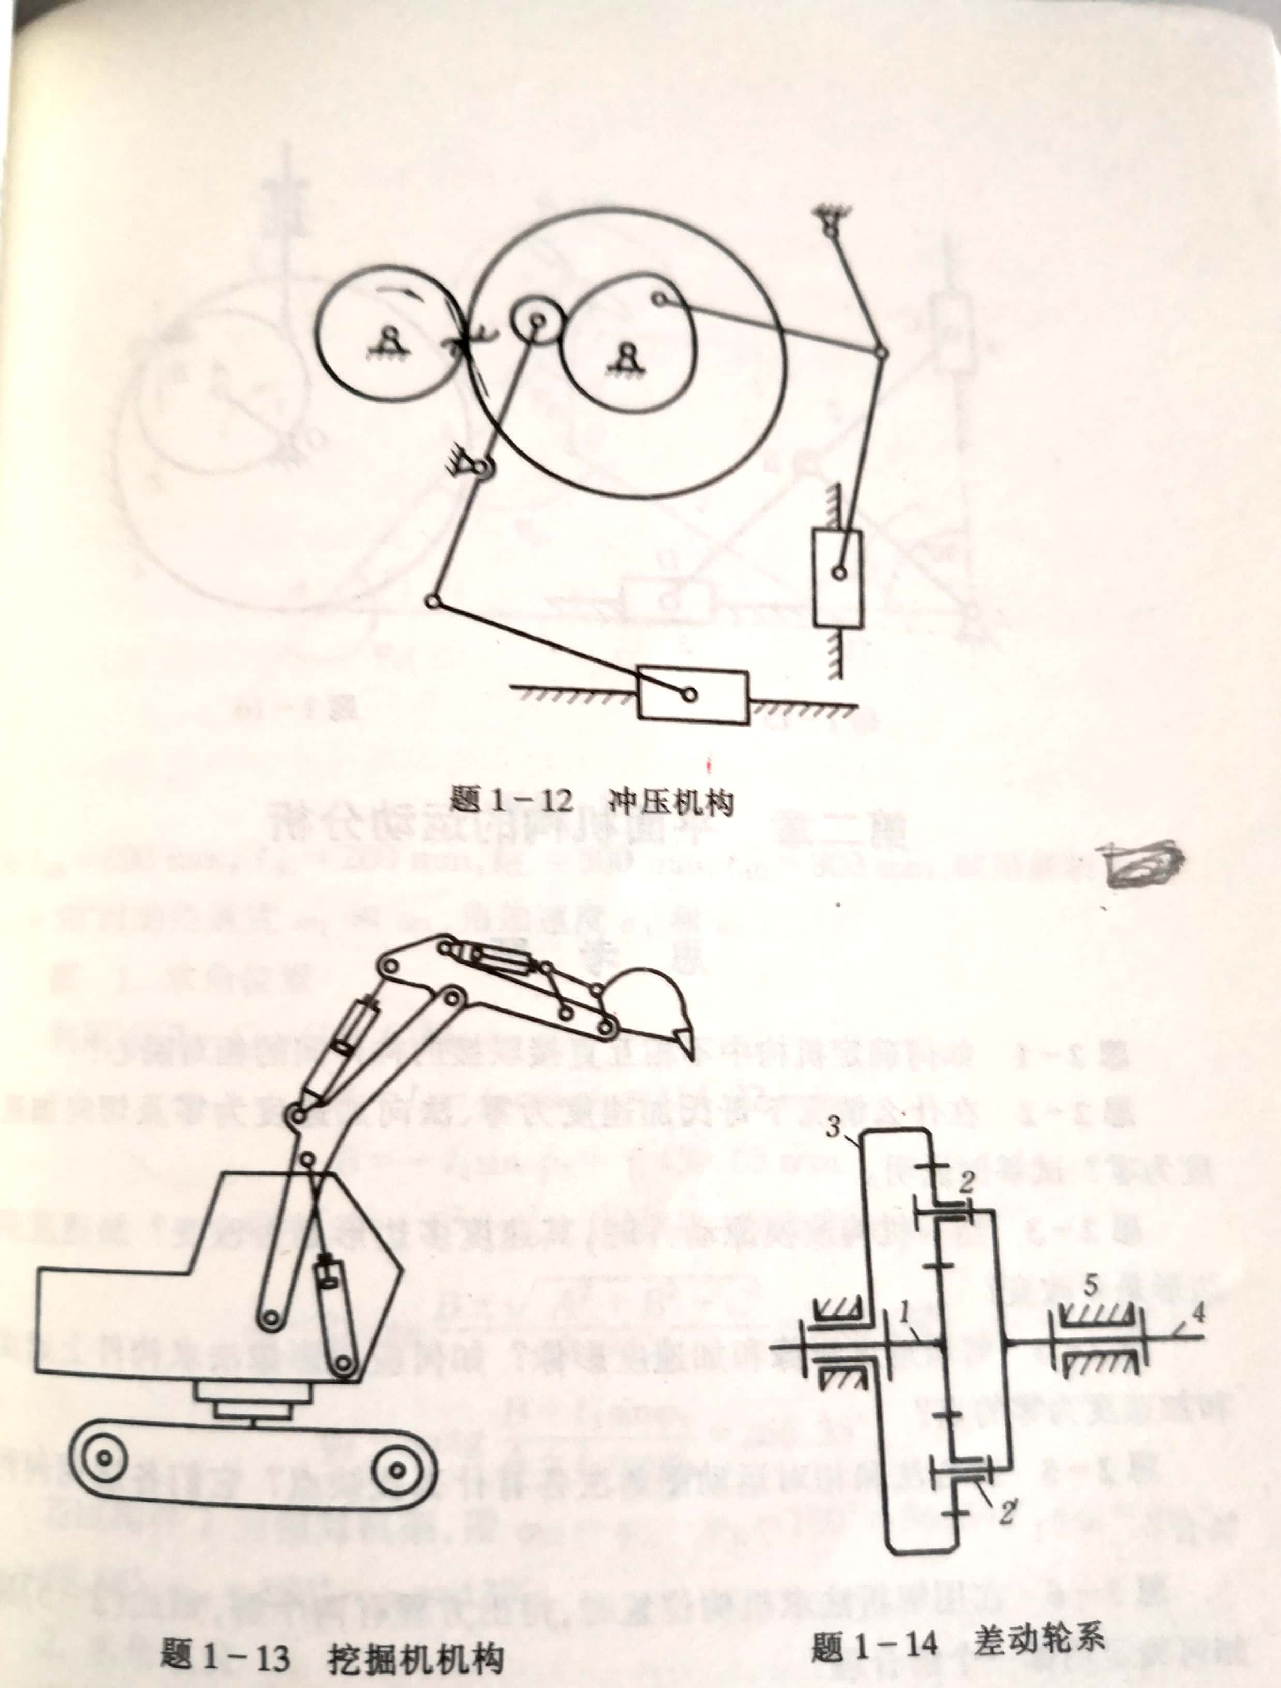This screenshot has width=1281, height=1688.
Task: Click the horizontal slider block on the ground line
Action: point(692,695)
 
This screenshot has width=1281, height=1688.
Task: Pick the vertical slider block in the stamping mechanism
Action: point(838,578)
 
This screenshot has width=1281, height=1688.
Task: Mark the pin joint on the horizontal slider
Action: point(689,695)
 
